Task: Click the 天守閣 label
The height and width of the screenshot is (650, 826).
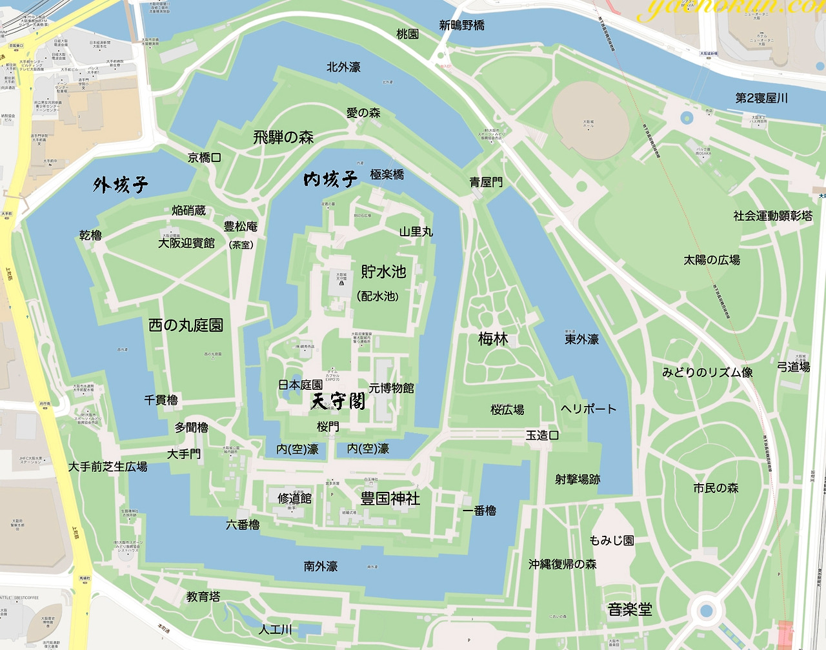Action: pos(338,402)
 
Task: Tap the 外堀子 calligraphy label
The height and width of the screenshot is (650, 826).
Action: pos(121,185)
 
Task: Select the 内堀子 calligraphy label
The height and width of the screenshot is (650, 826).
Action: pos(330,179)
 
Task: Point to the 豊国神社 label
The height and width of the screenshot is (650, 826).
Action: pos(390,498)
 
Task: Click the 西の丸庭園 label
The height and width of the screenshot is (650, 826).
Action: pos(186,325)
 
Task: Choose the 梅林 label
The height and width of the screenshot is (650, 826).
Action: pos(493,339)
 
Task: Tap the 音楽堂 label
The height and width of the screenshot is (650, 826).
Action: pos(630,609)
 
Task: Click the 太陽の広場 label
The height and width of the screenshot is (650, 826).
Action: pos(712,260)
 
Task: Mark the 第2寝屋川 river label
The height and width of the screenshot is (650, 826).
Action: pos(761,98)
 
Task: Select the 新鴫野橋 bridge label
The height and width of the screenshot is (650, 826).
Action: pos(461,25)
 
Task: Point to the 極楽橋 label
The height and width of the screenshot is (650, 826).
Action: pos(387,174)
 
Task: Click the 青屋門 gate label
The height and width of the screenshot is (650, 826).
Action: pos(486,183)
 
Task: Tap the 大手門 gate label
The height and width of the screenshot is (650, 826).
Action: pos(184,454)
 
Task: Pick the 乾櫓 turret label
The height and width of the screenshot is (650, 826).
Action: pos(90,236)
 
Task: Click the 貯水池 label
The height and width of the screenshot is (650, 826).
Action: pos(383,272)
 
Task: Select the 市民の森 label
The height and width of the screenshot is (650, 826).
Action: pos(716,489)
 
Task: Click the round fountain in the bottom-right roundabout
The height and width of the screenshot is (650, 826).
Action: pos(706,610)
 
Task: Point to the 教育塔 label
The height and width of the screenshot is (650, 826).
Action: pos(203,597)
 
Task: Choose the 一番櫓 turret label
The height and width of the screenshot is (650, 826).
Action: pos(479,511)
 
